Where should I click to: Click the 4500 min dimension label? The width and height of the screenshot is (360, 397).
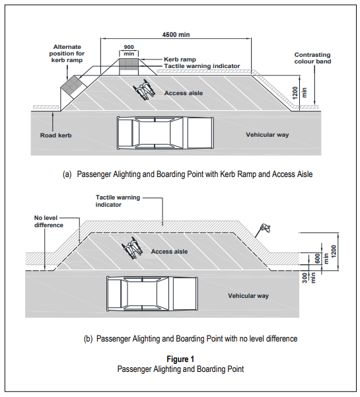(x=176, y=35)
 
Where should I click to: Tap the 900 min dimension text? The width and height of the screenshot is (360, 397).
(x=129, y=50)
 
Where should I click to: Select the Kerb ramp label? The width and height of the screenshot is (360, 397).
(x=180, y=59)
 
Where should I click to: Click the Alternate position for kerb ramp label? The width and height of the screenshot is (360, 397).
(x=67, y=54)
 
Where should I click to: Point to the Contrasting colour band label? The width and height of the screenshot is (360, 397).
(x=312, y=58)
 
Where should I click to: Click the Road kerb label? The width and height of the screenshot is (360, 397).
(x=55, y=135)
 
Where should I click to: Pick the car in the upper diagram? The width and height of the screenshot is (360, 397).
(x=165, y=133)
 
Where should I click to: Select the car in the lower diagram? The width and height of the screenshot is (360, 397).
(x=152, y=293)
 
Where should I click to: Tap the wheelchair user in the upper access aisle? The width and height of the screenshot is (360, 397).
(x=145, y=90)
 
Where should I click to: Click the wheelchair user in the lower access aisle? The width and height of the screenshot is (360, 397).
(x=132, y=248)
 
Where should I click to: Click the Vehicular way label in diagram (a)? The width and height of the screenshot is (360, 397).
(x=268, y=135)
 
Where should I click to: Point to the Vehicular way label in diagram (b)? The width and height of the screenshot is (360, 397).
(x=248, y=296)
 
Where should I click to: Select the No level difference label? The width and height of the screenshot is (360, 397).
(x=49, y=221)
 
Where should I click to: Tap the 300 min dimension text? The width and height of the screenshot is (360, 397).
(x=309, y=277)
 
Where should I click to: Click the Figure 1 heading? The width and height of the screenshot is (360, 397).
(x=180, y=359)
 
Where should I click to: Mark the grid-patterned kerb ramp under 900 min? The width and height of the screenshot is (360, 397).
(x=129, y=64)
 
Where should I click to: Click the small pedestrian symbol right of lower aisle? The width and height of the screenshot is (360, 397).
(x=266, y=228)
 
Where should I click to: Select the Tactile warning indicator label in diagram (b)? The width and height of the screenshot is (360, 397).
(x=118, y=201)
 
